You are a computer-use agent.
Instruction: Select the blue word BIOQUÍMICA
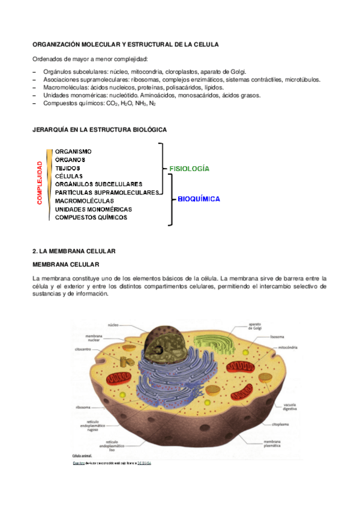coord(199,199)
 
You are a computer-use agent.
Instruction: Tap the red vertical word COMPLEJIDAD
coord(40,183)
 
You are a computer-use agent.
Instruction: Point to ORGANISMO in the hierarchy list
coord(73,151)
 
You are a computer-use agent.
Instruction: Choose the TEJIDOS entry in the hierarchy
coord(68,168)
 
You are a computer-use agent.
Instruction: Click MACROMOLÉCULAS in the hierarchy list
coord(84,200)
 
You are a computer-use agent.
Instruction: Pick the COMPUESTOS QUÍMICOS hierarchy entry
coord(91,217)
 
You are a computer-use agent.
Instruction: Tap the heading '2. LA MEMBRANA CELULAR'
coord(73,250)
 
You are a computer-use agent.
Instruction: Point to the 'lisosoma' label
coord(277,337)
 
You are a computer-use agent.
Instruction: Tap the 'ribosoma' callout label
coord(83,406)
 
